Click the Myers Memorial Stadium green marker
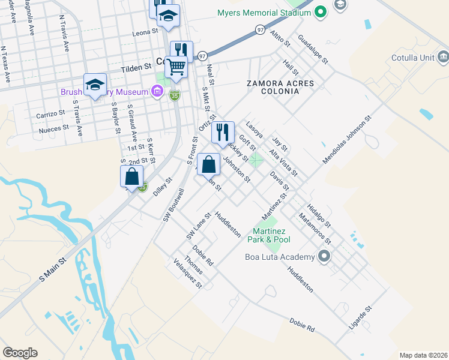[x=321, y=11]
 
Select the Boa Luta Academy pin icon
[x=325, y=257]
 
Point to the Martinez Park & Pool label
[x=269, y=235]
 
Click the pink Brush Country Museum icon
[x=157, y=92]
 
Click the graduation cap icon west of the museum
[x=95, y=85]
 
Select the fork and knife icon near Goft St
[x=223, y=132]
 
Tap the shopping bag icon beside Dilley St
[x=131, y=176]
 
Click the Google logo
[x=20, y=353]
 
